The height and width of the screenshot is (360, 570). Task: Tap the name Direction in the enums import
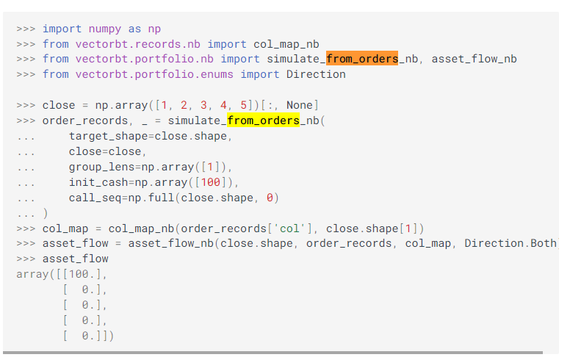pyautogui.click(x=316, y=74)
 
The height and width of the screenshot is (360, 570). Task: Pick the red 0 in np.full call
pyautogui.click(x=270, y=197)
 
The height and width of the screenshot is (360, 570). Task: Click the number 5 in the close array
pyautogui.click(x=243, y=105)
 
